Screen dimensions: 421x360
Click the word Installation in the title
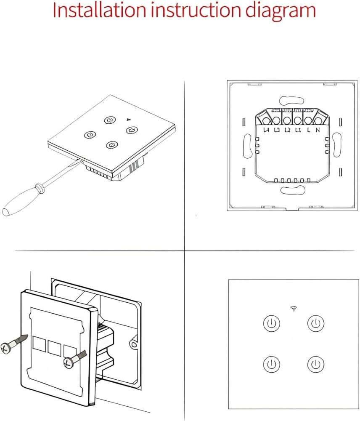pos(98,11)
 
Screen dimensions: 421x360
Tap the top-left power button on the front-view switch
pos(271,324)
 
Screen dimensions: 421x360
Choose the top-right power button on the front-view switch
pos(315,324)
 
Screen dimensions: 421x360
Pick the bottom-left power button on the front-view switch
pos(271,363)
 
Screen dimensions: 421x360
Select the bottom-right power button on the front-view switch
pos(315,363)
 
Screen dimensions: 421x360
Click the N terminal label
pos(318,130)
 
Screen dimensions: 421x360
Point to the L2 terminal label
pos(287,130)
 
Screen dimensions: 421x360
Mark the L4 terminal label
pos(266,130)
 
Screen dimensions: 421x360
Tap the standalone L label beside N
pos(309,130)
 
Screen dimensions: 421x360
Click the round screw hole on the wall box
pos(134,345)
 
